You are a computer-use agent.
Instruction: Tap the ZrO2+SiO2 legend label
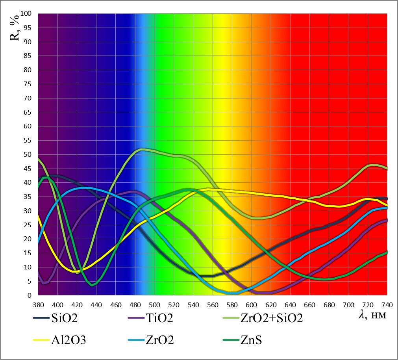click(x=271, y=319)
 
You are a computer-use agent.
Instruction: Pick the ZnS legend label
click(x=251, y=340)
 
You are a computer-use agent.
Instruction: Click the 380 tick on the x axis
click(x=38, y=304)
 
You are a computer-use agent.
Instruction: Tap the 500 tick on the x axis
click(x=155, y=304)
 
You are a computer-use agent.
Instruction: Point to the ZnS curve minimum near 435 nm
click(x=92, y=285)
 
